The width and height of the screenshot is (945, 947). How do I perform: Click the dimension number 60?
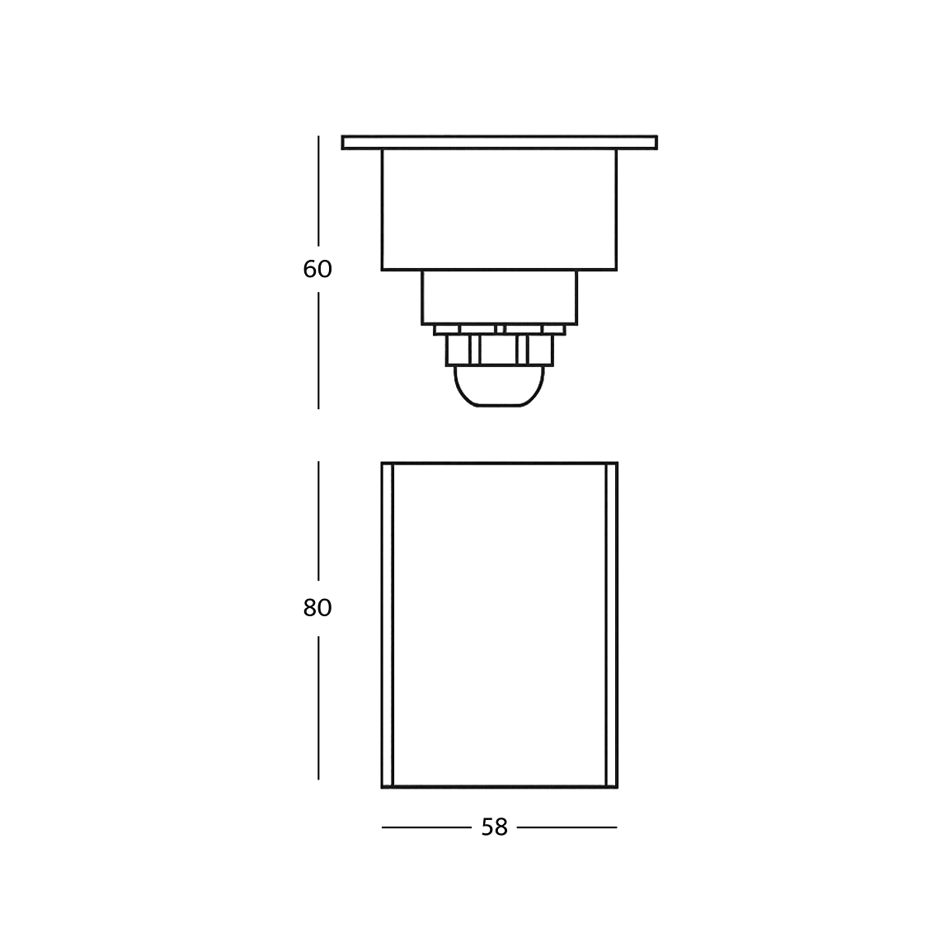pyautogui.click(x=317, y=270)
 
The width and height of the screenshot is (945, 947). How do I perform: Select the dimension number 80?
pyautogui.click(x=317, y=608)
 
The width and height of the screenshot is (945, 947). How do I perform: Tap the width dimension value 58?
pyautogui.click(x=495, y=827)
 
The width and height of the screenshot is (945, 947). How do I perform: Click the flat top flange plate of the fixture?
pyautogui.click(x=500, y=143)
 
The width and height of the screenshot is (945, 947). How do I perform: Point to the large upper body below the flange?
pyautogui.click(x=499, y=210)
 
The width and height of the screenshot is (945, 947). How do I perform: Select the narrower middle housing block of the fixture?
pyautogui.click(x=500, y=297)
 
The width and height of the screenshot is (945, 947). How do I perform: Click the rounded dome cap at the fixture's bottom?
pyautogui.click(x=500, y=387)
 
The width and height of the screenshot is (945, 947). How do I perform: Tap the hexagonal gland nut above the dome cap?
pyautogui.click(x=500, y=351)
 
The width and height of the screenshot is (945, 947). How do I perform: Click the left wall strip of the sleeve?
pyautogui.click(x=388, y=625)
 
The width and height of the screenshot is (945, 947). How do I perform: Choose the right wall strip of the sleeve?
pyautogui.click(x=612, y=625)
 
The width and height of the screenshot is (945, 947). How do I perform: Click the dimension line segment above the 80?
pyautogui.click(x=318, y=520)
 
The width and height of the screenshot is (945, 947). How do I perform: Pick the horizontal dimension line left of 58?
pyautogui.click(x=425, y=827)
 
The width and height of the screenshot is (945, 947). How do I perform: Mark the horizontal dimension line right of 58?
pyautogui.click(x=567, y=827)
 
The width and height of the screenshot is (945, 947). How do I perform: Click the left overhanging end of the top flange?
pyautogui.click(x=362, y=143)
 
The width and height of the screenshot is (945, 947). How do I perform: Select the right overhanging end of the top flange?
pyautogui.click(x=637, y=143)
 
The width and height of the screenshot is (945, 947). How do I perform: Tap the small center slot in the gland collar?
pyautogui.click(x=500, y=329)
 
